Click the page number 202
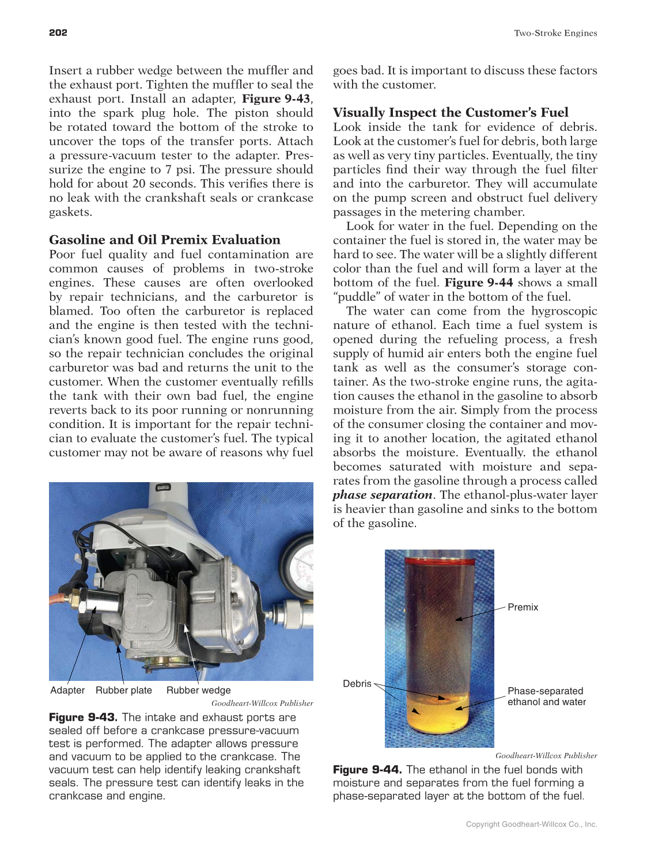tap(58, 33)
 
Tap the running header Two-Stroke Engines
tap(555, 33)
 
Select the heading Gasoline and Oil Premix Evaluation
tap(165, 240)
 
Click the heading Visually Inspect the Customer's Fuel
tap(451, 112)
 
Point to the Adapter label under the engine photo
tap(67, 690)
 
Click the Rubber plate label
tap(124, 690)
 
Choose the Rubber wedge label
tap(198, 690)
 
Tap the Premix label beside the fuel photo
tap(523, 607)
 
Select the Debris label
tap(357, 684)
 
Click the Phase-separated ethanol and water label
tap(546, 696)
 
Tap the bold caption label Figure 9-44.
tap(368, 770)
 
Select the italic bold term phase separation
tap(383, 495)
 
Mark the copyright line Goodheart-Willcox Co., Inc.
tap(531, 824)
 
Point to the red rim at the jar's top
tap(439, 560)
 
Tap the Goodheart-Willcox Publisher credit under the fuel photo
tap(546, 755)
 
